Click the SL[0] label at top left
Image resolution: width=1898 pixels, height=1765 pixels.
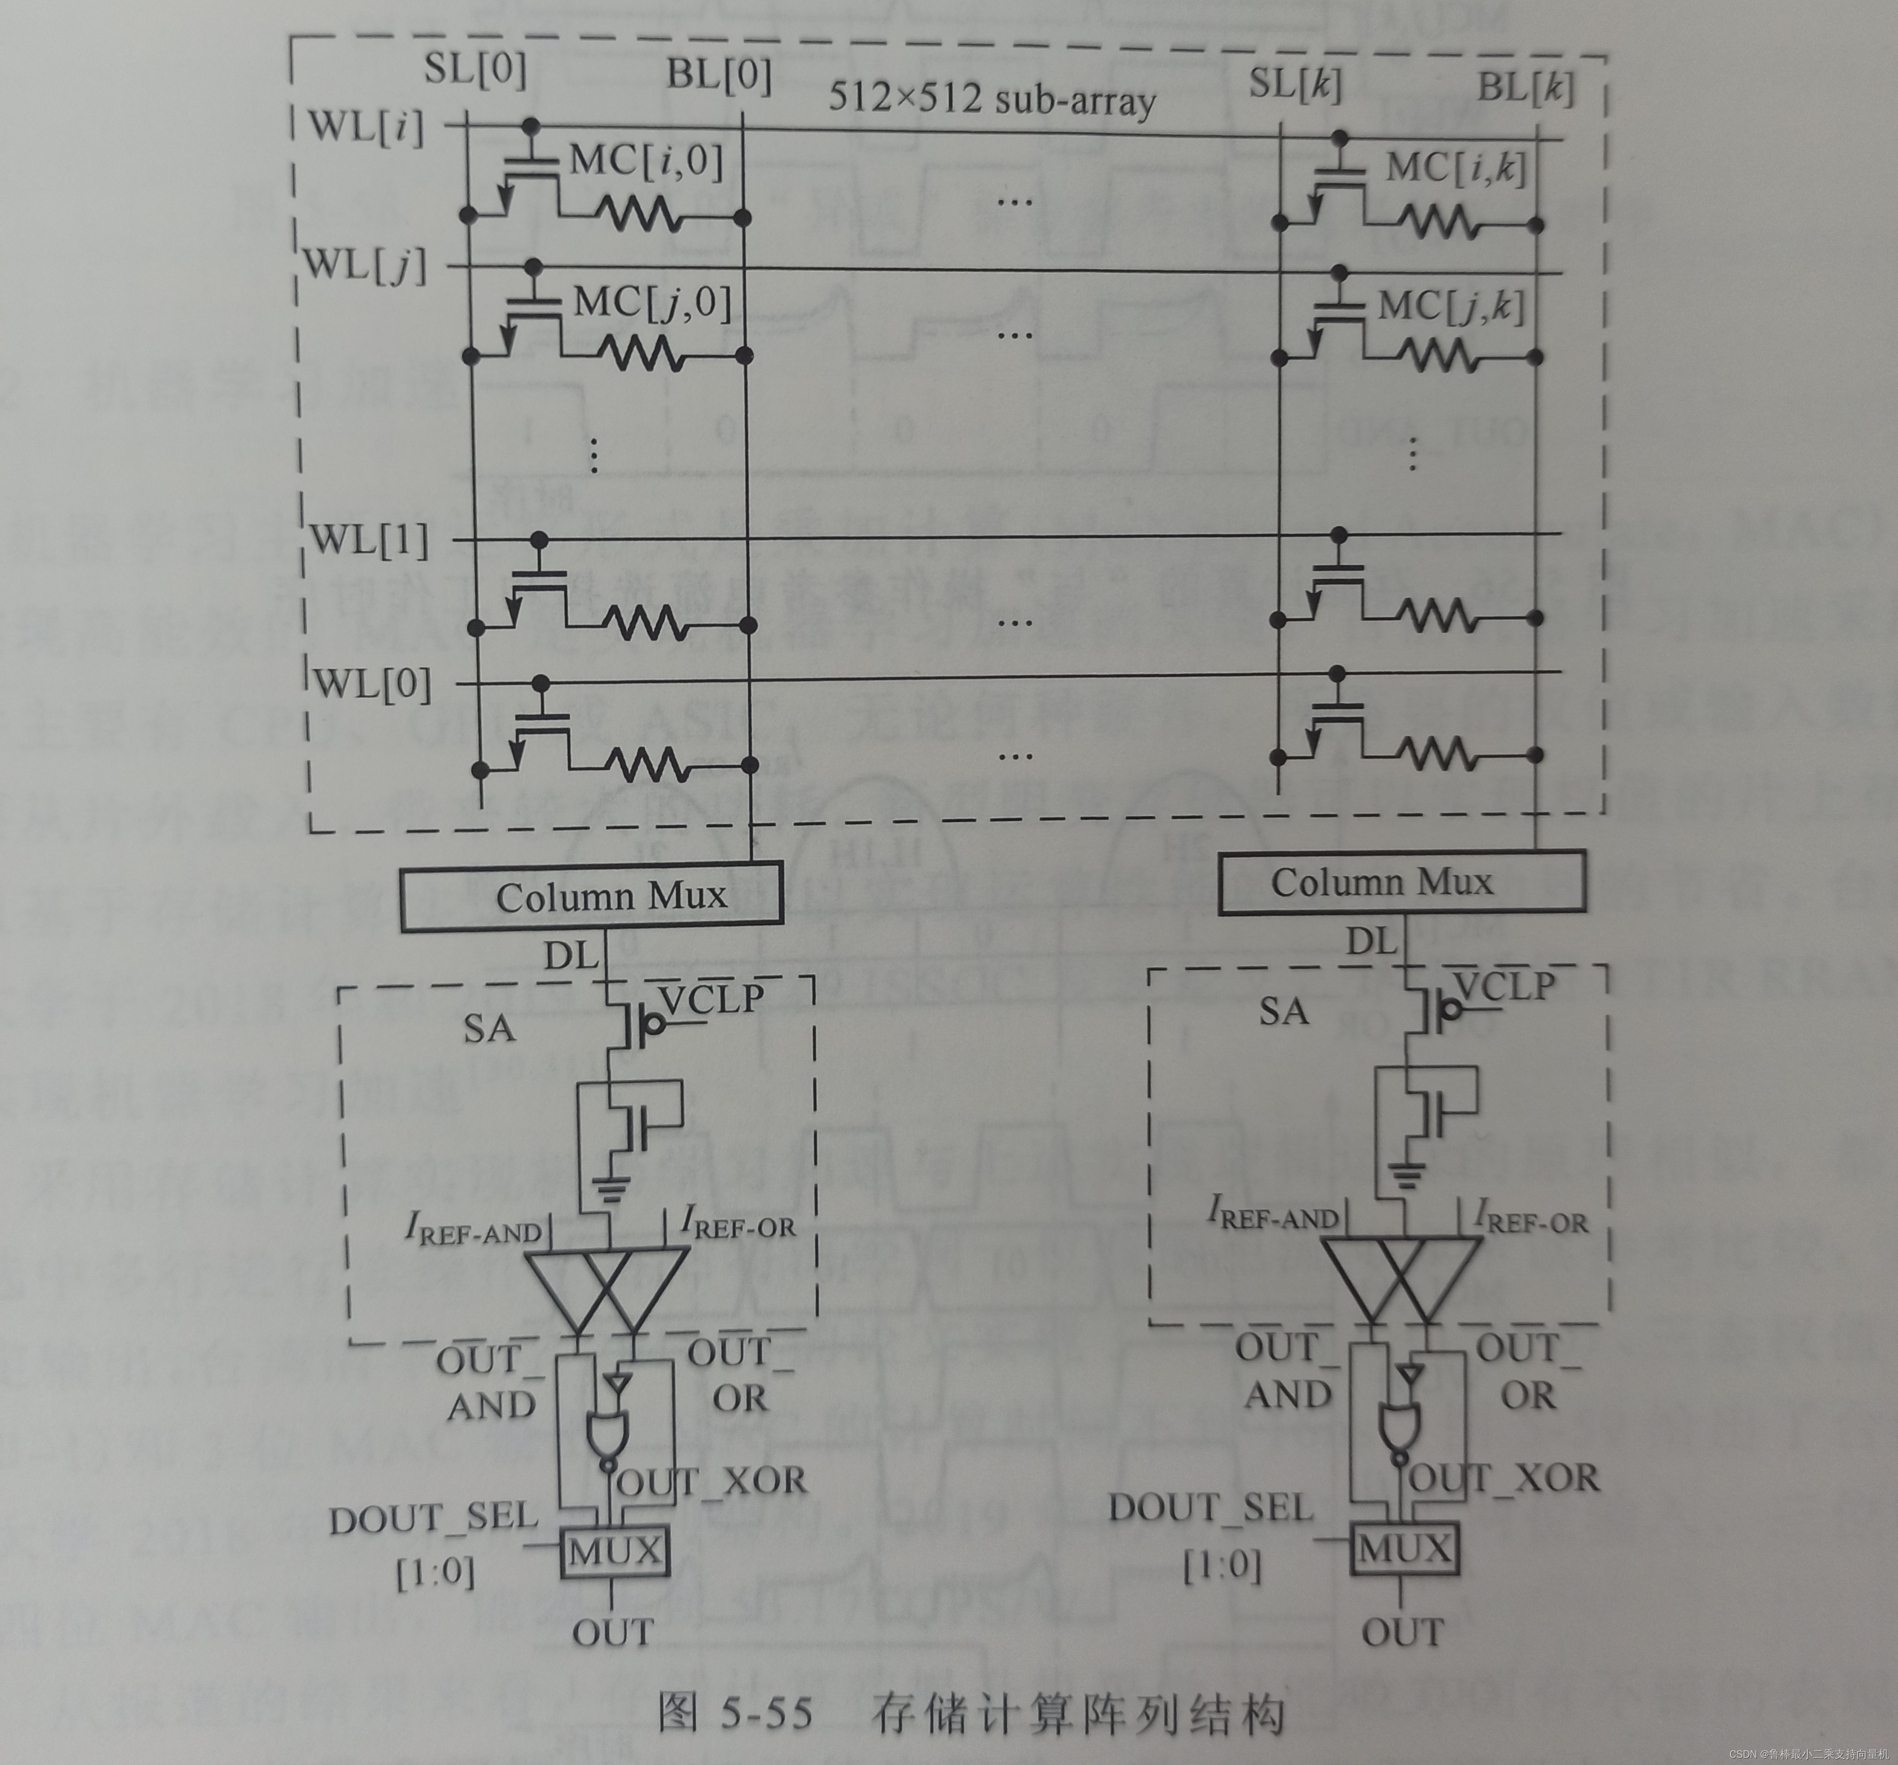click(474, 69)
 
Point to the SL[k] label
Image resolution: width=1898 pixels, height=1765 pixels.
click(1294, 84)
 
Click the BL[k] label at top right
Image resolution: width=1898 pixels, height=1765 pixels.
click(1525, 88)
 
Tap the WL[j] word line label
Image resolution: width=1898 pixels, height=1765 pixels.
click(364, 265)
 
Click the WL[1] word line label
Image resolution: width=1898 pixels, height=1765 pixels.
click(370, 540)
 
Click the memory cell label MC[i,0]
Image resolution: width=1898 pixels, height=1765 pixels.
click(646, 160)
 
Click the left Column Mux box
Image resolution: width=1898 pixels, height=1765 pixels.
click(591, 896)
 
